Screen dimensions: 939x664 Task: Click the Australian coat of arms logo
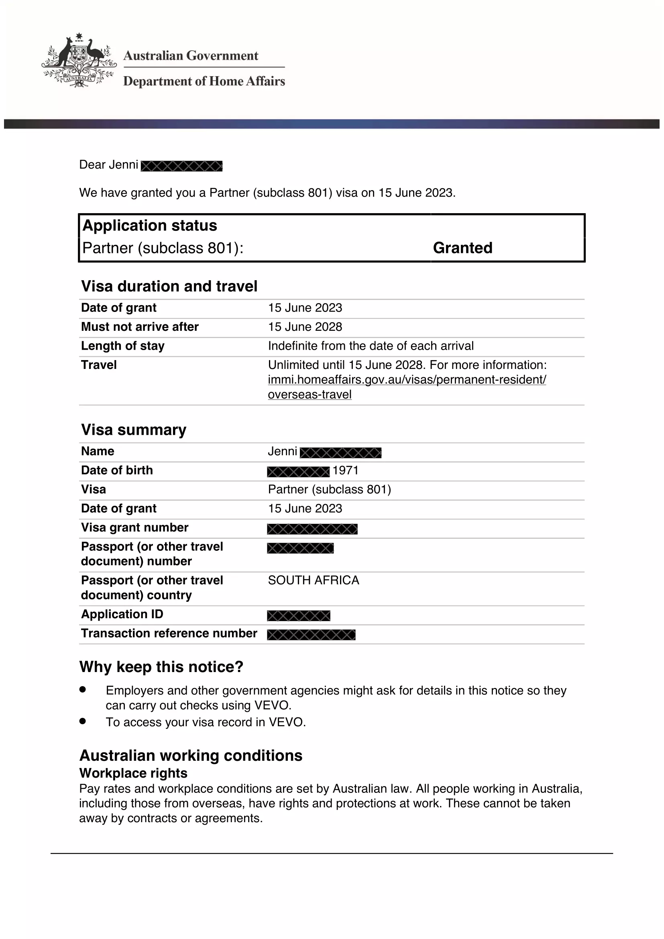pyautogui.click(x=79, y=61)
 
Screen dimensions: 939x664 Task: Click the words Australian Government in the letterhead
pyautogui.click(x=191, y=56)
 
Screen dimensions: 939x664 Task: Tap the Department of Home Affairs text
pyautogui.click(x=204, y=81)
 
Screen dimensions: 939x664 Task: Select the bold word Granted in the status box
pyautogui.click(x=462, y=248)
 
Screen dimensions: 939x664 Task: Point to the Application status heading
pyautogui.click(x=150, y=226)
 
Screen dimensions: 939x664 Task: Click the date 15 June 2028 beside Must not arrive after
pyautogui.click(x=305, y=327)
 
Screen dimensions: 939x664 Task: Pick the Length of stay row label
pyautogui.click(x=123, y=346)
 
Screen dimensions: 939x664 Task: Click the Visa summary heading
pyautogui.click(x=134, y=430)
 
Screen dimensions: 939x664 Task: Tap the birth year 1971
pyautogui.click(x=346, y=471)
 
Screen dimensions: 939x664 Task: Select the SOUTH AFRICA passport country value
pyautogui.click(x=314, y=581)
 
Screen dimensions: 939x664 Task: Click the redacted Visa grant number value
pyautogui.click(x=312, y=529)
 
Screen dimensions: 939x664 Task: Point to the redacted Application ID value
pyautogui.click(x=298, y=615)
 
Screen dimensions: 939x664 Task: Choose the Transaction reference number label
pyautogui.click(x=169, y=633)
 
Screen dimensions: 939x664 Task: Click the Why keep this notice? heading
pyautogui.click(x=161, y=667)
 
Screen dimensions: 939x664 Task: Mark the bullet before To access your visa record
pyautogui.click(x=83, y=721)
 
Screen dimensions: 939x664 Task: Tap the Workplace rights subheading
pyautogui.click(x=133, y=773)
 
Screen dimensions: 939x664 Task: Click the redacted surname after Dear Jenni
pyautogui.click(x=181, y=166)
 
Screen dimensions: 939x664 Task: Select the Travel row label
pyautogui.click(x=99, y=365)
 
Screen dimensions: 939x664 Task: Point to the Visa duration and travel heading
pyautogui.click(x=169, y=286)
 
